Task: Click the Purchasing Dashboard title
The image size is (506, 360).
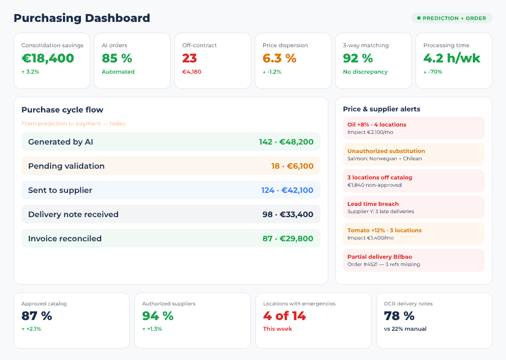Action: [82, 18]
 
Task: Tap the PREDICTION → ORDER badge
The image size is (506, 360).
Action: [452, 18]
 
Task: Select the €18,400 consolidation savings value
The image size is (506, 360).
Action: [48, 58]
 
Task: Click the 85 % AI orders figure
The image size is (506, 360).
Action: [117, 58]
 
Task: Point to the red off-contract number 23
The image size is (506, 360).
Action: [189, 58]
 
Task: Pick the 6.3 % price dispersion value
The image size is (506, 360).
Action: [279, 58]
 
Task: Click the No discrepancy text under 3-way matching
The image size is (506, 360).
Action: [365, 72]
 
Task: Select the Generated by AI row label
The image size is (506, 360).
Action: [61, 142]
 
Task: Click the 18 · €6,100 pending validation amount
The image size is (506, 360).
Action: [292, 166]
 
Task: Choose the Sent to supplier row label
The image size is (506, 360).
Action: [60, 190]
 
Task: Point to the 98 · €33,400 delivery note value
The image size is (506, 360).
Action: [288, 214]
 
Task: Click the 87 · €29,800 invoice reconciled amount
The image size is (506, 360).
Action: [288, 238]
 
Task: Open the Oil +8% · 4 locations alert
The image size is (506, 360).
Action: [377, 125]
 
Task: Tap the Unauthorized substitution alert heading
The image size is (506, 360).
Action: [386, 151]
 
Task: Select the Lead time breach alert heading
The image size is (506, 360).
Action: [373, 204]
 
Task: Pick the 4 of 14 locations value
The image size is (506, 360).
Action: [284, 316]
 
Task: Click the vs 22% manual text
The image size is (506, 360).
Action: [405, 329]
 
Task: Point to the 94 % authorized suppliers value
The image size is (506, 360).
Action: [159, 316]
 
